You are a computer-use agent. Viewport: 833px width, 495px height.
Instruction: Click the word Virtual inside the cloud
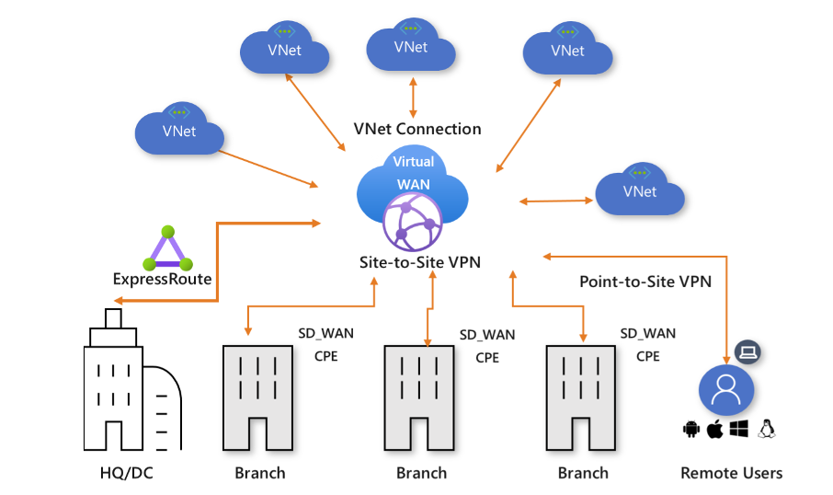(413, 162)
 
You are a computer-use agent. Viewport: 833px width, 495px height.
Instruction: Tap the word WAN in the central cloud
(413, 184)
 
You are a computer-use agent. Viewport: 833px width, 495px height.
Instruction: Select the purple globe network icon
(413, 221)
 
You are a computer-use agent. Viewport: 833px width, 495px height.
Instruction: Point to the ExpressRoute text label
(162, 279)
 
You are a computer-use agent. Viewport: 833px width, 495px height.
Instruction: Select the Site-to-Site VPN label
(419, 262)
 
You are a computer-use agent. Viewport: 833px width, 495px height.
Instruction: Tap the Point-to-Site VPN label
(645, 282)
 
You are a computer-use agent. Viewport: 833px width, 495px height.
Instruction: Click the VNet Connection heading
(416, 129)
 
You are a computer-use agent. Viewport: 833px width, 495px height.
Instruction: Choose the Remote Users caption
(731, 473)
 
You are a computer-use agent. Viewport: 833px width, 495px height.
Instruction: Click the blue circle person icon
(726, 389)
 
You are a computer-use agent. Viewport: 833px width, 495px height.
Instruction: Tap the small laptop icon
(749, 352)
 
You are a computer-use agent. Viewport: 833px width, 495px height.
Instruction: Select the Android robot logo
(691, 429)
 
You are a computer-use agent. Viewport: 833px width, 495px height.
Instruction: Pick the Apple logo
(714, 429)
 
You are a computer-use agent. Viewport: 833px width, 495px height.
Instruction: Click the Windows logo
(738, 429)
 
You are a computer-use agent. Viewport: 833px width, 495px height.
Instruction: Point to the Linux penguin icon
(766, 429)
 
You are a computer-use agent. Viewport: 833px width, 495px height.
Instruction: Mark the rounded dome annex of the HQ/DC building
(164, 405)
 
